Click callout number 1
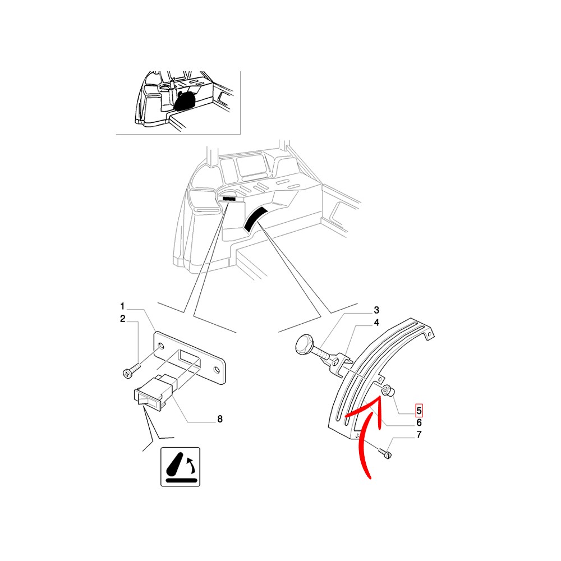click(122, 306)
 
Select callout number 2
click(123, 319)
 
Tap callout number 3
click(376, 310)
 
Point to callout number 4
click(376, 323)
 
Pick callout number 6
click(419, 423)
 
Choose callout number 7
click(419, 434)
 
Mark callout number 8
click(220, 419)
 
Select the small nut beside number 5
click(389, 390)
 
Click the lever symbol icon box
click(180, 467)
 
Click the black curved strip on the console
click(255, 218)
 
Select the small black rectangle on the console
click(229, 198)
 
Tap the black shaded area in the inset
click(185, 100)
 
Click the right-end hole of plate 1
click(216, 369)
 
